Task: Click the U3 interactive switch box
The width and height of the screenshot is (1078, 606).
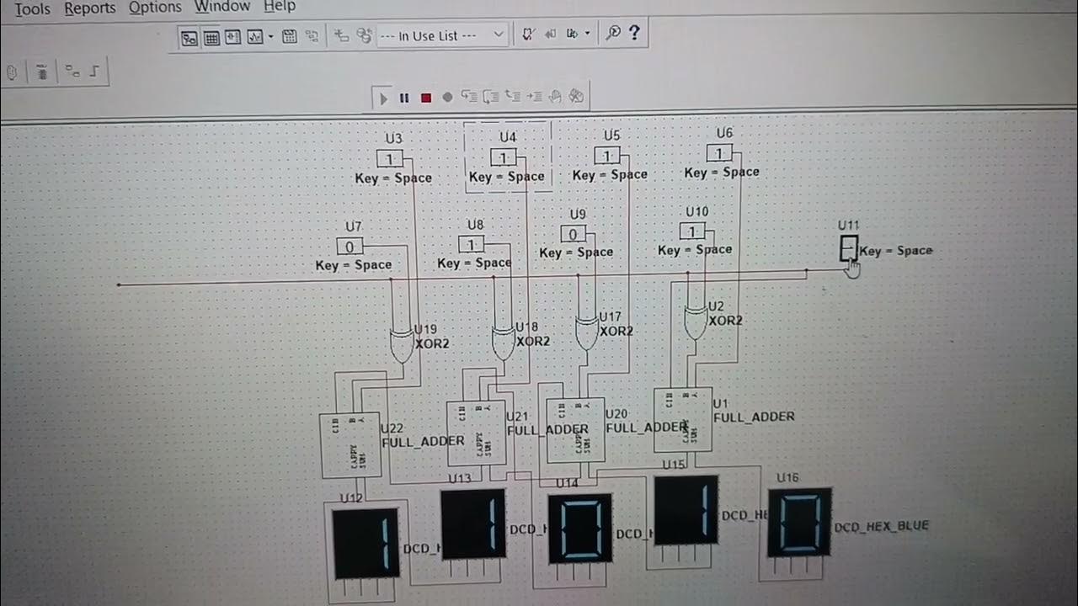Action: point(389,158)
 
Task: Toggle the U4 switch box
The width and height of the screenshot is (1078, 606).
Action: point(504,157)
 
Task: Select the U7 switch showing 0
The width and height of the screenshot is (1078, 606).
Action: point(350,246)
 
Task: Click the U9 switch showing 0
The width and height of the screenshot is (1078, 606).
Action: point(574,234)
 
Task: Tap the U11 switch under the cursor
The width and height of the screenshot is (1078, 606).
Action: point(848,248)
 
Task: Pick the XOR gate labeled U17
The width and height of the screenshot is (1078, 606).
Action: point(587,332)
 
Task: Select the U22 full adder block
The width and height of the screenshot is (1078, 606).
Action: point(350,445)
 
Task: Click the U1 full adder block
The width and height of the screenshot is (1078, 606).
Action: point(683,418)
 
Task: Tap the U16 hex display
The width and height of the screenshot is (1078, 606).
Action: point(799,523)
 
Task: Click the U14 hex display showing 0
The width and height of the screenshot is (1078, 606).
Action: point(579,529)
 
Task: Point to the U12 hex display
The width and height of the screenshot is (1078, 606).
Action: point(366,543)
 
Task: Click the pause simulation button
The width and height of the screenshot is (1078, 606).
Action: point(404,98)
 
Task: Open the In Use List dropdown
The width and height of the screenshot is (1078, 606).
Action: point(441,35)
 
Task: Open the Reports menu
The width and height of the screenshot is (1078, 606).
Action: point(90,8)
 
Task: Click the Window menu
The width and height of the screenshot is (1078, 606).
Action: point(222,7)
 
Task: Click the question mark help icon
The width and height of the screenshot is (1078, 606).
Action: point(634,33)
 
